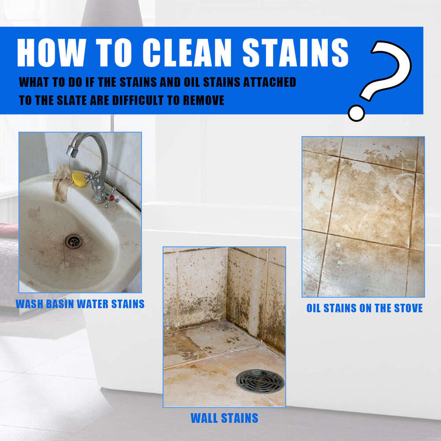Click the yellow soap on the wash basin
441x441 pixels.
point(79,179)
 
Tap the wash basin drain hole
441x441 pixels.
point(73,241)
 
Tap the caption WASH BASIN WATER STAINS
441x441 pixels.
point(80,304)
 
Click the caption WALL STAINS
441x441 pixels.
point(224,417)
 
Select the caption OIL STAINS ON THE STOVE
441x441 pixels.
point(364,308)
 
